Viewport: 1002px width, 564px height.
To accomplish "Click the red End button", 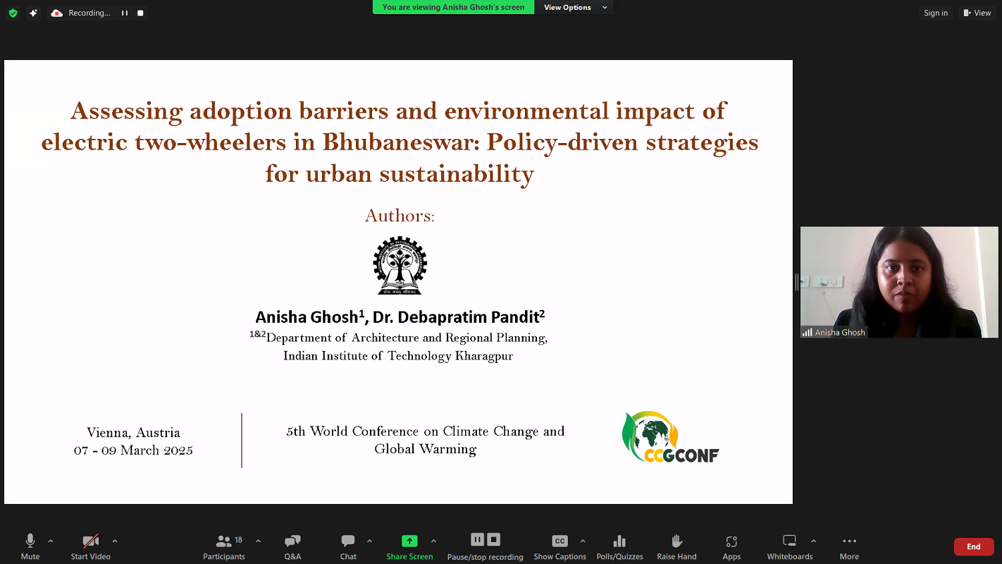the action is [973, 546].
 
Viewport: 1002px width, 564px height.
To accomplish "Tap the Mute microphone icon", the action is [30, 541].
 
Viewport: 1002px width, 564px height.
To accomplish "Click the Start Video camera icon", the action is [90, 541].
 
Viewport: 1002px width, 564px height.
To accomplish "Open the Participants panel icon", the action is [223, 541].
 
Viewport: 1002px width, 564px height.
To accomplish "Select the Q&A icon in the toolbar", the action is [292, 541].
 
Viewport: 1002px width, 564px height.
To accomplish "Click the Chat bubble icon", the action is [347, 541].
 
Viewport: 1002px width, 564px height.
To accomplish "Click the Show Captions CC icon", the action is [559, 541].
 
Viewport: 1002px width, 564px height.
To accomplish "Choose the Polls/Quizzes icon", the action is [619, 541].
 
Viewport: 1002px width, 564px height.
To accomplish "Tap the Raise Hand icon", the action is [676, 541].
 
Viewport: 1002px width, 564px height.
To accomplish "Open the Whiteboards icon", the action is [789, 541].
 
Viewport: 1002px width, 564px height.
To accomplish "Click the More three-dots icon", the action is [849, 541].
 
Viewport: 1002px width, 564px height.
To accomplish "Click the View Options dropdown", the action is [575, 7].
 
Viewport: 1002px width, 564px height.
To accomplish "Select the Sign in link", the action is [936, 13].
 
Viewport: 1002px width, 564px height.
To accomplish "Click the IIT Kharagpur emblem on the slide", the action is [400, 266].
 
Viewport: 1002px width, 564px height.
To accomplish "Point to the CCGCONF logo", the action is [670, 437].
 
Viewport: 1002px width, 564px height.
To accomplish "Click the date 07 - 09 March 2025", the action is [133, 450].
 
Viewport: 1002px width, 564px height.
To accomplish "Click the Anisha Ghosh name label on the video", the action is [840, 332].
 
